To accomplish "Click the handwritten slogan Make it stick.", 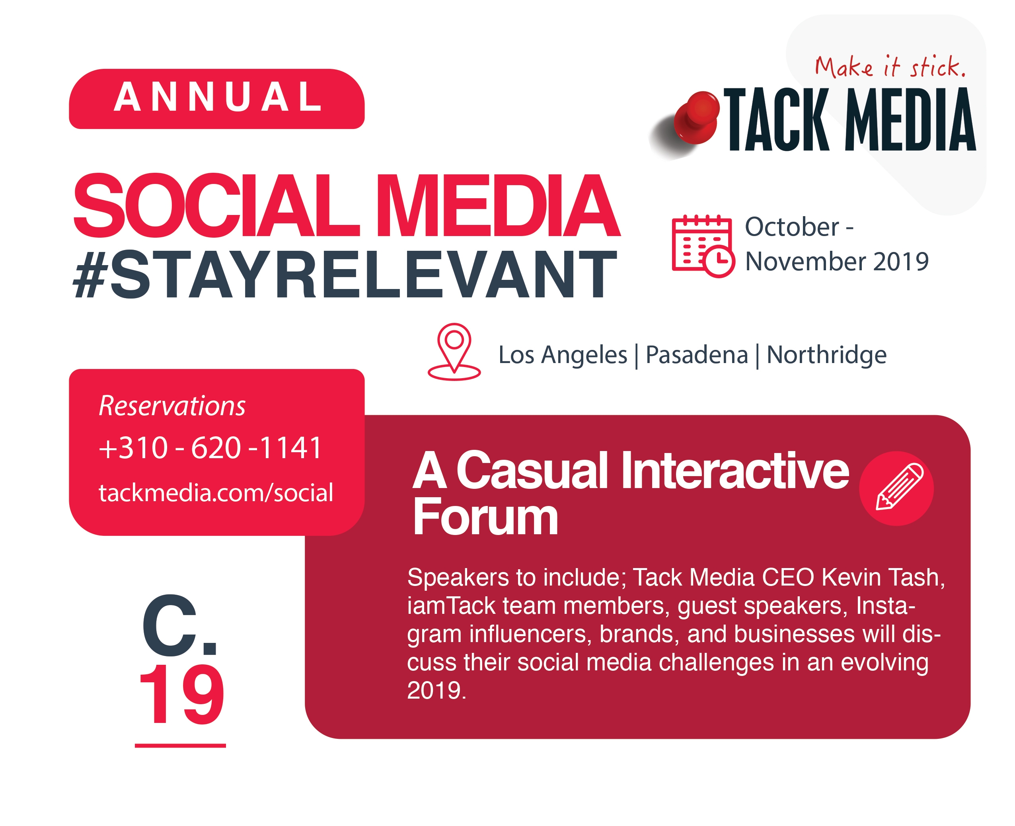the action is (x=889, y=66).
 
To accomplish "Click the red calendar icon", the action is (x=703, y=246).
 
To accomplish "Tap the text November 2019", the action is (x=837, y=261).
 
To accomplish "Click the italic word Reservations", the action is (x=172, y=406).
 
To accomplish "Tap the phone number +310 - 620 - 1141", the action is (x=210, y=448).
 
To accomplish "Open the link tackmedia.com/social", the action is (x=216, y=492).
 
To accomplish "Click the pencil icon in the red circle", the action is (x=896, y=488).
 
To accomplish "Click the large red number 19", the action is (x=181, y=695).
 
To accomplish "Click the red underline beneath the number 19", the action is (x=180, y=746).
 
